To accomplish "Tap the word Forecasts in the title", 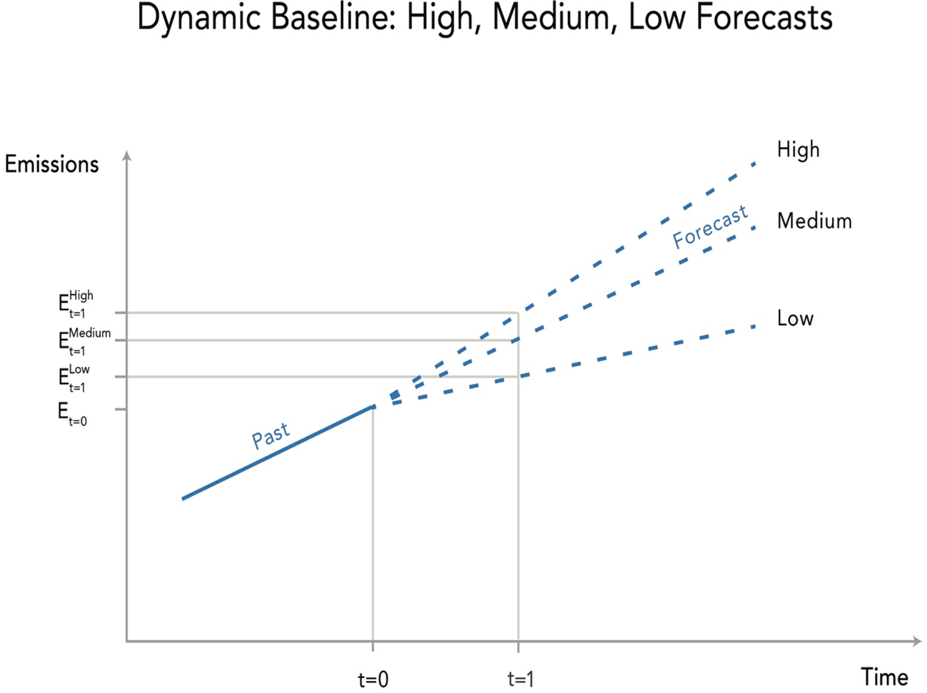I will pyautogui.click(x=764, y=17).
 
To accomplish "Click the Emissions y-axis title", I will pyautogui.click(x=51, y=164).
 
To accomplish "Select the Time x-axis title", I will pyautogui.click(x=884, y=677).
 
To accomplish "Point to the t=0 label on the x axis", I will pyautogui.click(x=373, y=679).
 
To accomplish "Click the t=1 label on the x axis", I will pyautogui.click(x=520, y=679).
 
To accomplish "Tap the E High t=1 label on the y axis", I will pyautogui.click(x=76, y=304).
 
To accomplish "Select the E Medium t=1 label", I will pyautogui.click(x=84, y=341).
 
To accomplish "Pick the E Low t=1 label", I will pyautogui.click(x=74, y=378).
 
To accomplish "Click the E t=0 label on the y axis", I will pyautogui.click(x=72, y=413).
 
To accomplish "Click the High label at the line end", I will pyautogui.click(x=798, y=150).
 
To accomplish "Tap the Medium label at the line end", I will pyautogui.click(x=814, y=221).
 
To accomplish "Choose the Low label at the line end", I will pyautogui.click(x=795, y=318).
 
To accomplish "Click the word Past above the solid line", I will pyautogui.click(x=270, y=435).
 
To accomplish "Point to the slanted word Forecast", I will pyautogui.click(x=710, y=227).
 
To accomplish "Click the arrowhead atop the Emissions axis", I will pyautogui.click(x=127, y=156).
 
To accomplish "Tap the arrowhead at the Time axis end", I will pyautogui.click(x=917, y=641).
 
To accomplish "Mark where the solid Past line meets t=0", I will pyautogui.click(x=373, y=407).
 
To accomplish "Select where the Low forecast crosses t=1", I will pyautogui.click(x=518, y=376).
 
